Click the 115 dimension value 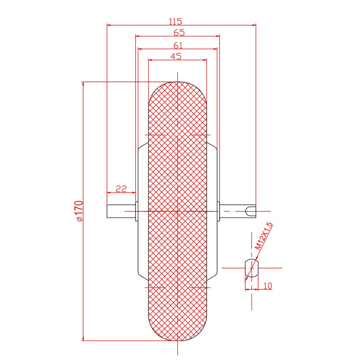coord(175,21)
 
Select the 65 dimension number coord(179,33)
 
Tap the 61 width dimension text coord(178,45)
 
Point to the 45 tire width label coord(176,56)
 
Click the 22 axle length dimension coord(121,189)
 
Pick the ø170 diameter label coord(79,211)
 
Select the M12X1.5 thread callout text coord(264,236)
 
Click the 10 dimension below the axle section coord(268,286)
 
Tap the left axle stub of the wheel coord(121,211)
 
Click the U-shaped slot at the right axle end coord(251,211)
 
